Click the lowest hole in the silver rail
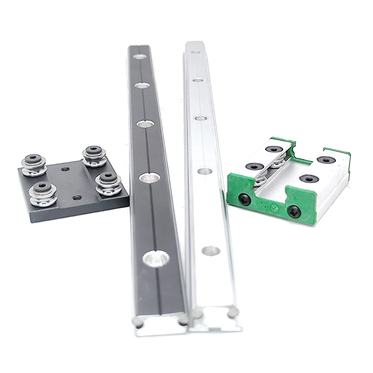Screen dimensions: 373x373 pyautogui.click(x=211, y=251)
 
